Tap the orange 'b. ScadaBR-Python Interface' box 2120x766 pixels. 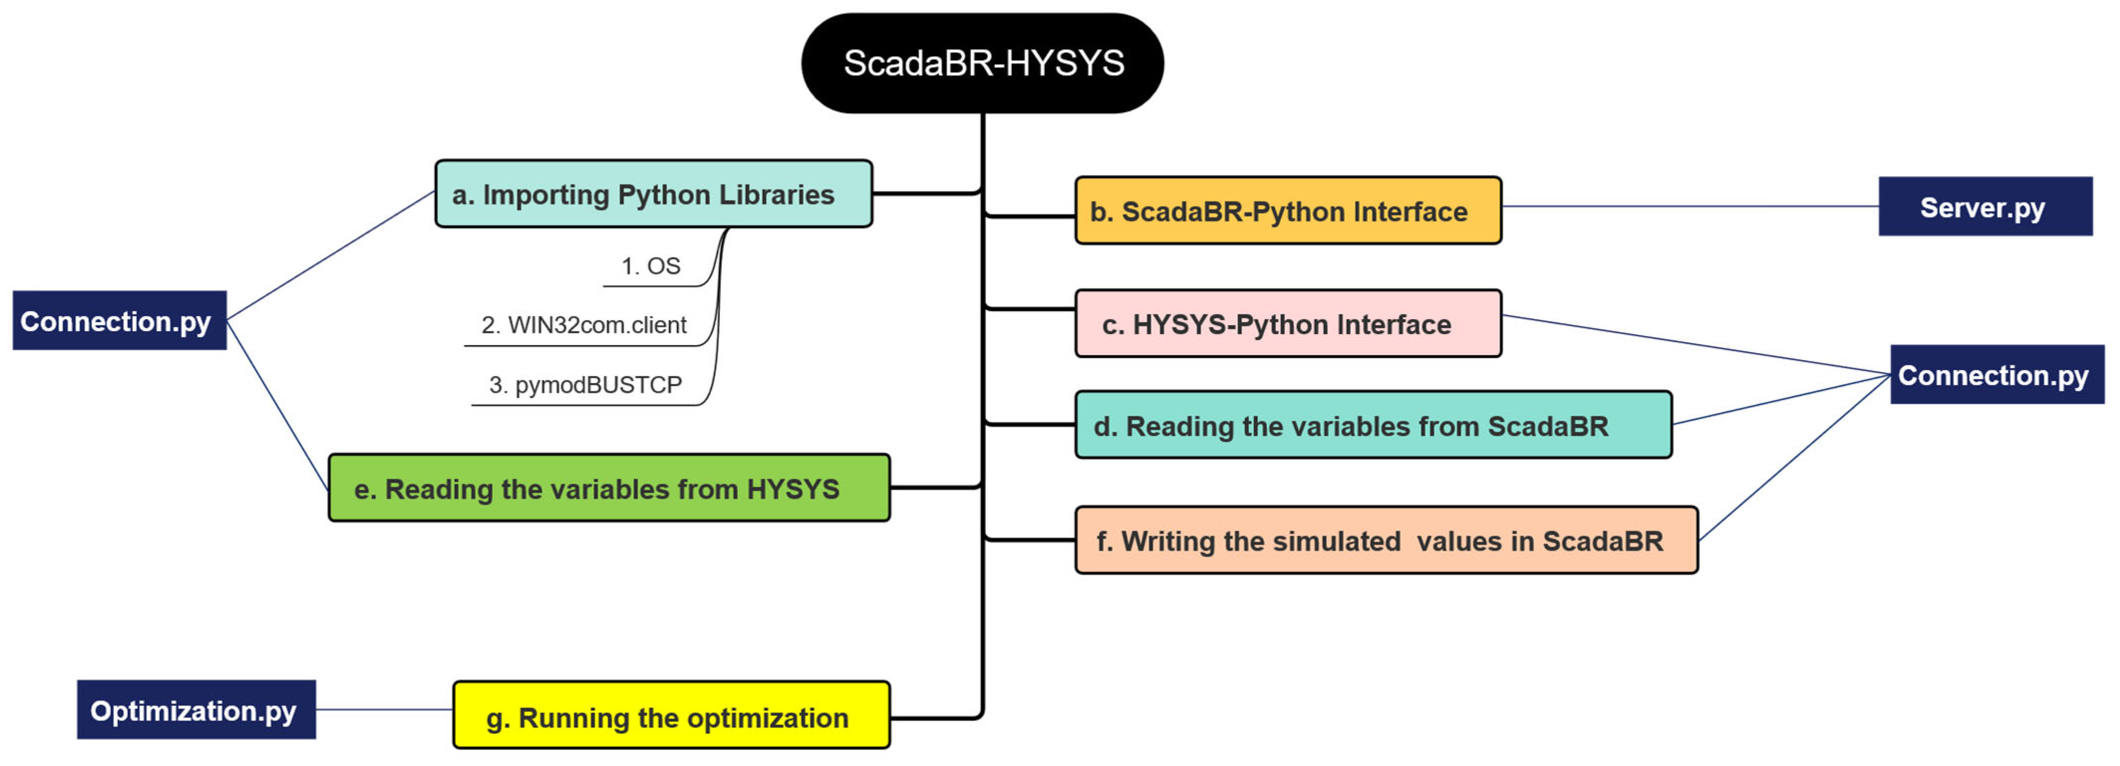point(1288,211)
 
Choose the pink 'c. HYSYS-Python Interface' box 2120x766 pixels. point(1288,324)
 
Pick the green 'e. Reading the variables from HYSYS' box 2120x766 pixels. point(609,488)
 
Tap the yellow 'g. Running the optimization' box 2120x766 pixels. point(671,717)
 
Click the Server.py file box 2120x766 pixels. point(1984,207)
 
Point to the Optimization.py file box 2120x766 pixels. point(196,710)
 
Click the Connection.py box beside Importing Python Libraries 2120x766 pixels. point(120,320)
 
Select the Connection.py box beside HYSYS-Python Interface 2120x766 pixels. point(1996,375)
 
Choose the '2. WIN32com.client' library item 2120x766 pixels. point(583,325)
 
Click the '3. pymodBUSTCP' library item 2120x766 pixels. point(585,384)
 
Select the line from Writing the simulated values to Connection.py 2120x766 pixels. point(1794,458)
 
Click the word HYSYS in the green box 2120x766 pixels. point(793,489)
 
